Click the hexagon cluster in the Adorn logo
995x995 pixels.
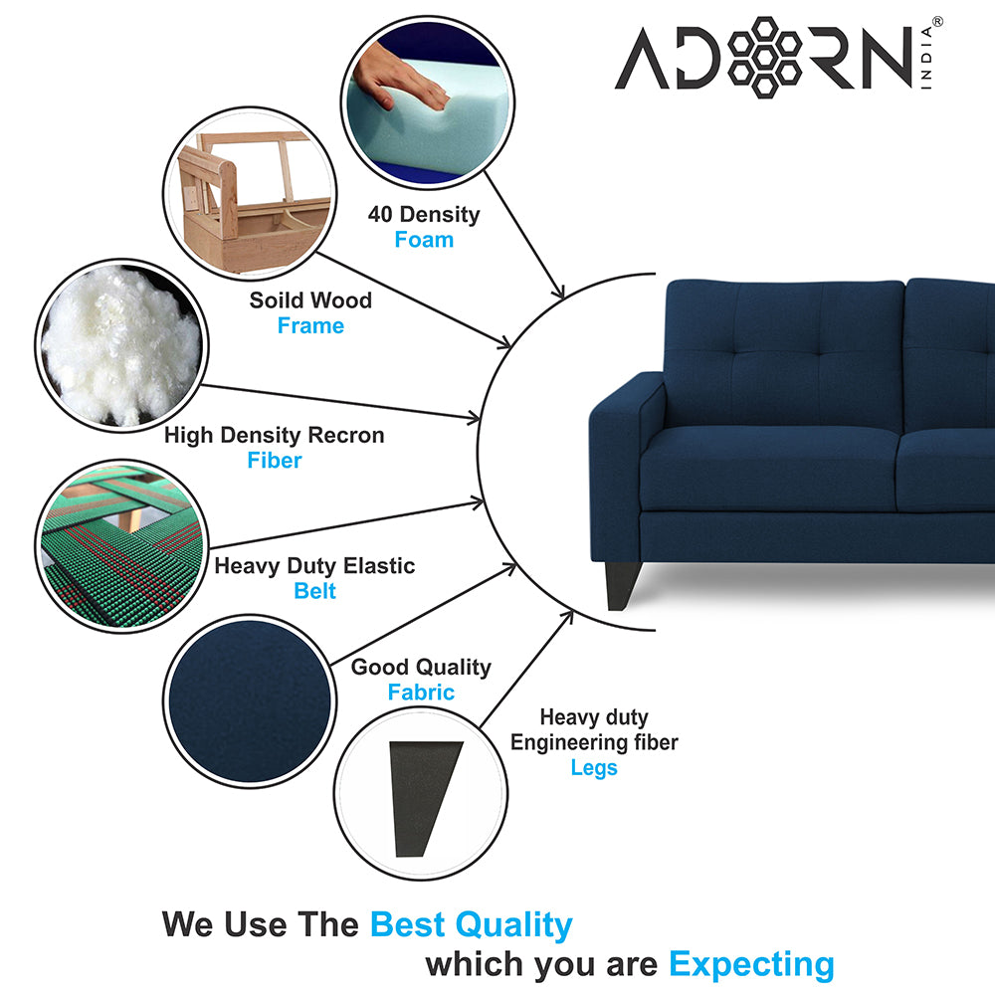tap(764, 57)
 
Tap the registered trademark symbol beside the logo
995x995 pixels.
tap(937, 22)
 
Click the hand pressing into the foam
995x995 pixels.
tap(400, 80)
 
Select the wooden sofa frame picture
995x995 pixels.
tap(250, 194)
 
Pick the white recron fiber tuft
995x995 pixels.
tap(120, 346)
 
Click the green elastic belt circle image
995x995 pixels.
tap(121, 545)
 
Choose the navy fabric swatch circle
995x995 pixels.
tap(250, 701)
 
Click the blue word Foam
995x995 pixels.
tap(424, 240)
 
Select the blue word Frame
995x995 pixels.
tap(310, 325)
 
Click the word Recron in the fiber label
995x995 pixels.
tap(346, 436)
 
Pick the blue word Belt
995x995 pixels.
tap(314, 591)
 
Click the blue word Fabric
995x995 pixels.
tap(421, 692)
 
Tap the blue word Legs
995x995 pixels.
tap(594, 768)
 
